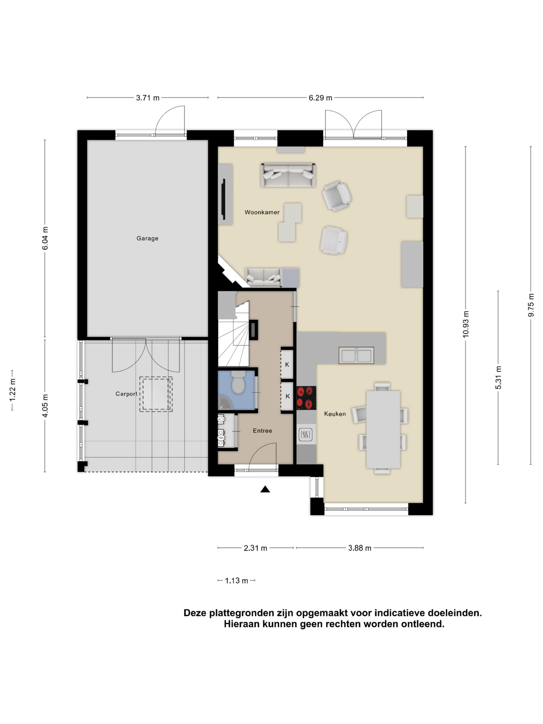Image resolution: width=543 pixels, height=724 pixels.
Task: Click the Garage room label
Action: [x=147, y=238]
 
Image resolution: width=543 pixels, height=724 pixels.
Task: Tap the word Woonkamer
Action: [x=262, y=212]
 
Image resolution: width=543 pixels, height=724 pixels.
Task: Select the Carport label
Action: [x=126, y=394]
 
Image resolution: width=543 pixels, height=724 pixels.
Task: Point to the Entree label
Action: [x=262, y=431]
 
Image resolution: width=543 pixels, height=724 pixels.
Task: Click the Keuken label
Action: [x=335, y=414]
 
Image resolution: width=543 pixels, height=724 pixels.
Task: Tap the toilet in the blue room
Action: [x=238, y=382]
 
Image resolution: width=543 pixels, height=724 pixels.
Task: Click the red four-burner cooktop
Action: [x=306, y=398]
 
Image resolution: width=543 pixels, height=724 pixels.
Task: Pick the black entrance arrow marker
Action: [x=265, y=489]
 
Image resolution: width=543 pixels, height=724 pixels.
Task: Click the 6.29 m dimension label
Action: [x=320, y=98]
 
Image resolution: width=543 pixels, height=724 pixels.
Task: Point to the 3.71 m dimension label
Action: [x=148, y=98]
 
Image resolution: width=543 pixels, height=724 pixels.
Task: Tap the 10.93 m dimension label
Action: [x=466, y=324]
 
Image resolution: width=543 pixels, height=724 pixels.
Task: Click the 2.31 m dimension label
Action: [x=255, y=548]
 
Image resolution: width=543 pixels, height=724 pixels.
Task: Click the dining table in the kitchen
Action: [x=383, y=429]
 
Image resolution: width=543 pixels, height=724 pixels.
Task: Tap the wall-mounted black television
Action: [x=224, y=199]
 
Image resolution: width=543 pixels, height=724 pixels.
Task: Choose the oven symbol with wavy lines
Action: [x=305, y=435]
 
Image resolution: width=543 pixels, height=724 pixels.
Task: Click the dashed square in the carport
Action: [x=156, y=394]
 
